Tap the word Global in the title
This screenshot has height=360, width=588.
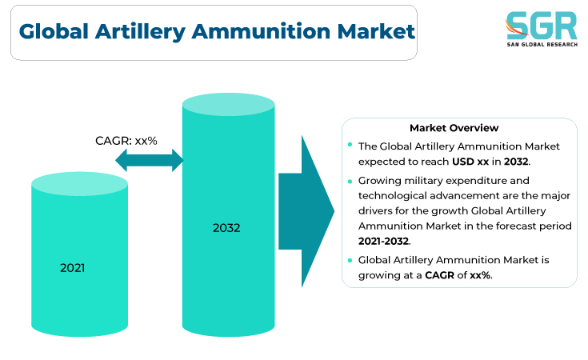pos(54,31)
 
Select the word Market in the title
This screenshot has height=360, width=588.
pos(376,31)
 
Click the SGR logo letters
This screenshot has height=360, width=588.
pos(542,25)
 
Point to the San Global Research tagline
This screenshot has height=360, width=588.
pos(542,44)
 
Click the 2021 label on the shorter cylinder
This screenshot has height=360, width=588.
pos(72,268)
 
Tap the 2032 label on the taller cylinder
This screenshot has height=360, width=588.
pos(226,228)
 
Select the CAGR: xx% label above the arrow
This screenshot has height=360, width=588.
pos(126,141)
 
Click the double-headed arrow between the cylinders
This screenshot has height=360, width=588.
pos(150,160)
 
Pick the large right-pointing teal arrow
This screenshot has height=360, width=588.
pos(306,211)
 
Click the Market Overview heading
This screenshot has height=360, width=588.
pos(454,128)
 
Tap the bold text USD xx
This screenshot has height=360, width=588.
pos(470,162)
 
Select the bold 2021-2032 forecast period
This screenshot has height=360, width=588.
pos(383,241)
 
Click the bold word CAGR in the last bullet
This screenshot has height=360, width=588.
pos(439,275)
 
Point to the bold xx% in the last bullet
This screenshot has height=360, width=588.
pos(480,275)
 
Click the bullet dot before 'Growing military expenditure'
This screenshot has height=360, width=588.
pos(350,182)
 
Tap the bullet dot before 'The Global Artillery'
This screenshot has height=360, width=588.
pos(350,144)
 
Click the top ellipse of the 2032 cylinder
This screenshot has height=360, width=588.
pos(228,104)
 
